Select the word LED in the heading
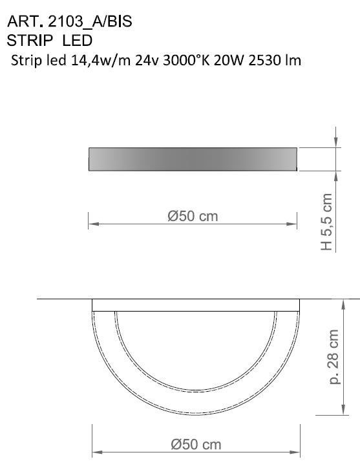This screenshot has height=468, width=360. [78, 40]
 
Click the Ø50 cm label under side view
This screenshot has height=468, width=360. [193, 217]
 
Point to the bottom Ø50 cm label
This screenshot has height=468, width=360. [195, 444]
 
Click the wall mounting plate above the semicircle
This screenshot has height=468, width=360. [196, 305]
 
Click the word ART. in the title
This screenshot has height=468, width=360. [21, 22]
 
